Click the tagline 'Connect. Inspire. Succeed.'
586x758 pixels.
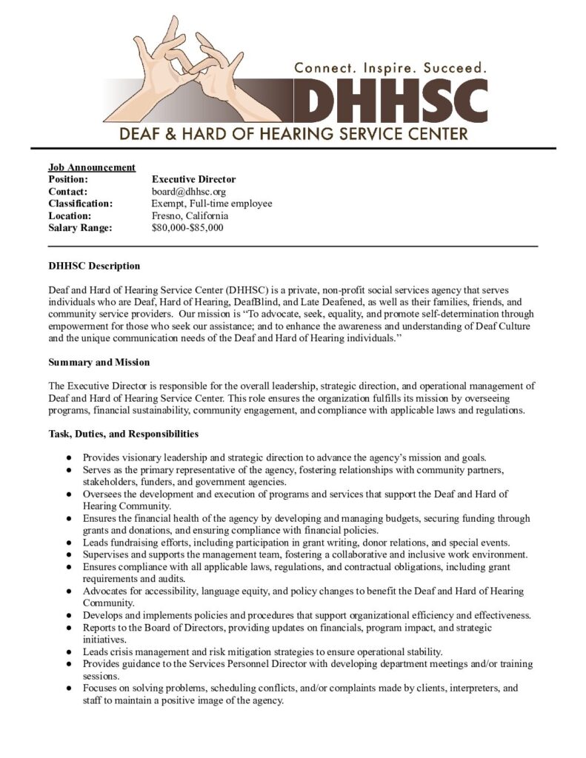click(x=390, y=67)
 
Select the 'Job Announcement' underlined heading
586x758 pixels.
click(x=92, y=167)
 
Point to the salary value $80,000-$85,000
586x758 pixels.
click(x=187, y=227)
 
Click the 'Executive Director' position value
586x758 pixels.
click(x=193, y=179)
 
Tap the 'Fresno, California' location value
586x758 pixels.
click(x=190, y=215)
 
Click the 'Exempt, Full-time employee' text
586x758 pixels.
click(x=212, y=204)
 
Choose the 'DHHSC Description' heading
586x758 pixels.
click(x=94, y=266)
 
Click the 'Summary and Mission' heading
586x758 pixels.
click(x=99, y=362)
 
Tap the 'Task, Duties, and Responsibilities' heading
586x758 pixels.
click(x=123, y=434)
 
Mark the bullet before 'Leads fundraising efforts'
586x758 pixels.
click(x=68, y=542)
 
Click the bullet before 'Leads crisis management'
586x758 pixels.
click(x=68, y=652)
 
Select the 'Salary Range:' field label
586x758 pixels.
click(x=79, y=227)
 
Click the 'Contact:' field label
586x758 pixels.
click(x=68, y=191)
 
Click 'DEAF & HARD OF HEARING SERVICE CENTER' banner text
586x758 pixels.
click(x=295, y=134)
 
